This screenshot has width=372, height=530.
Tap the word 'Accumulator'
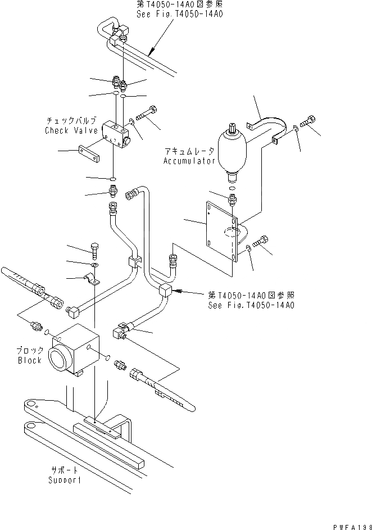tap(189, 161)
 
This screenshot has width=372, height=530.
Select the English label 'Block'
tap(30, 360)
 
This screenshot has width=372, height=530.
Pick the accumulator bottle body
tap(232, 148)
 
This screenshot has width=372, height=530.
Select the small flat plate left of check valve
tap(90, 155)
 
